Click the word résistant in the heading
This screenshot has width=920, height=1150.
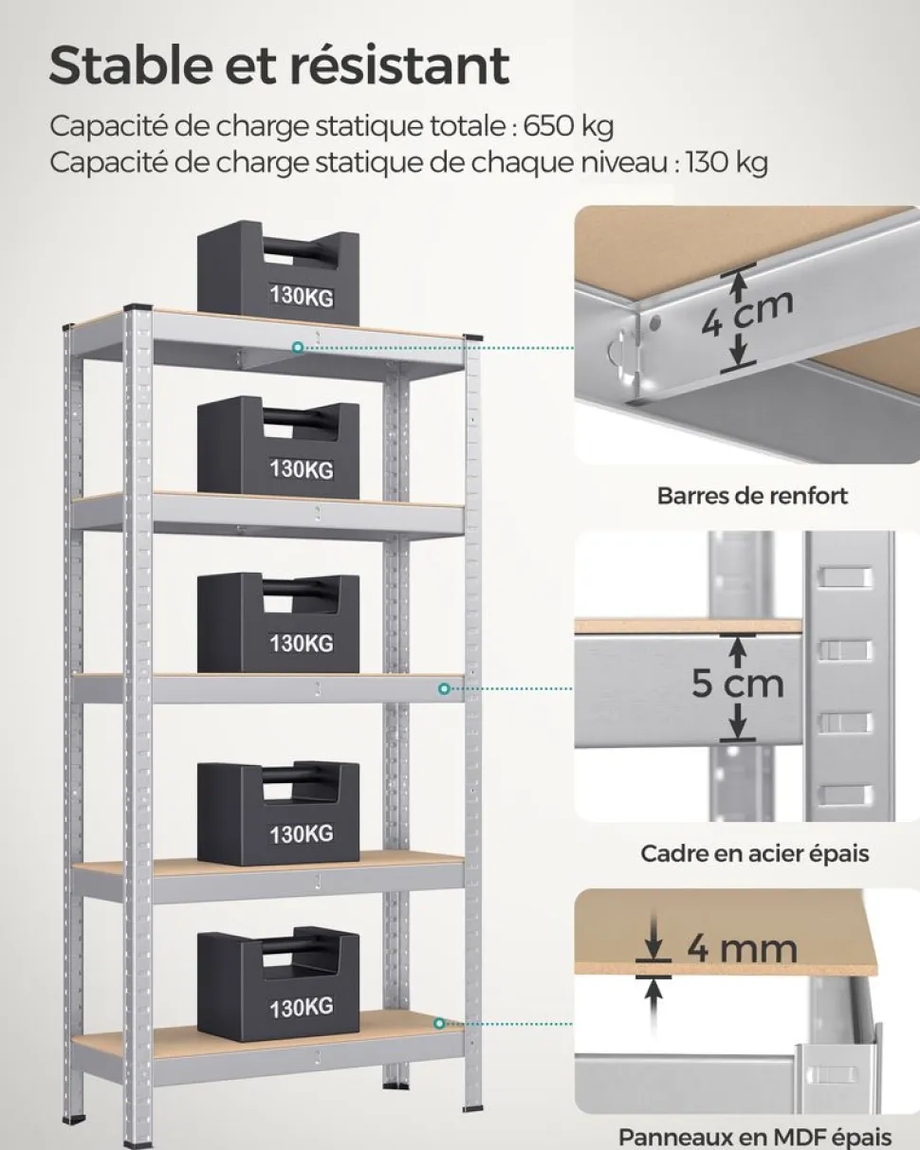tap(396, 65)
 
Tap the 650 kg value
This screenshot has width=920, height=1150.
tap(568, 127)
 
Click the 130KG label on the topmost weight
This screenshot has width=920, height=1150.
tap(302, 296)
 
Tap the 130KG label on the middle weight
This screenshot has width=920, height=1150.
tap(302, 643)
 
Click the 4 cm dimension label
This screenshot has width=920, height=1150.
tap(747, 316)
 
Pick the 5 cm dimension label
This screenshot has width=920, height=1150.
tap(738, 684)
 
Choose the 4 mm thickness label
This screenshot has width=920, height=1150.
tap(742, 949)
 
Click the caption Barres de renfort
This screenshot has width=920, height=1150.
tap(752, 496)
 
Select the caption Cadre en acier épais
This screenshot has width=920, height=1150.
tap(755, 853)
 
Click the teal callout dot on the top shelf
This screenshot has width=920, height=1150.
tap(299, 348)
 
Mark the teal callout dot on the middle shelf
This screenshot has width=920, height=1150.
tap(444, 689)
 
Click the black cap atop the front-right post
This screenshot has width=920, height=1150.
tap(473, 338)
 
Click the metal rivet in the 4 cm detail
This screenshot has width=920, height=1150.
tap(653, 321)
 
